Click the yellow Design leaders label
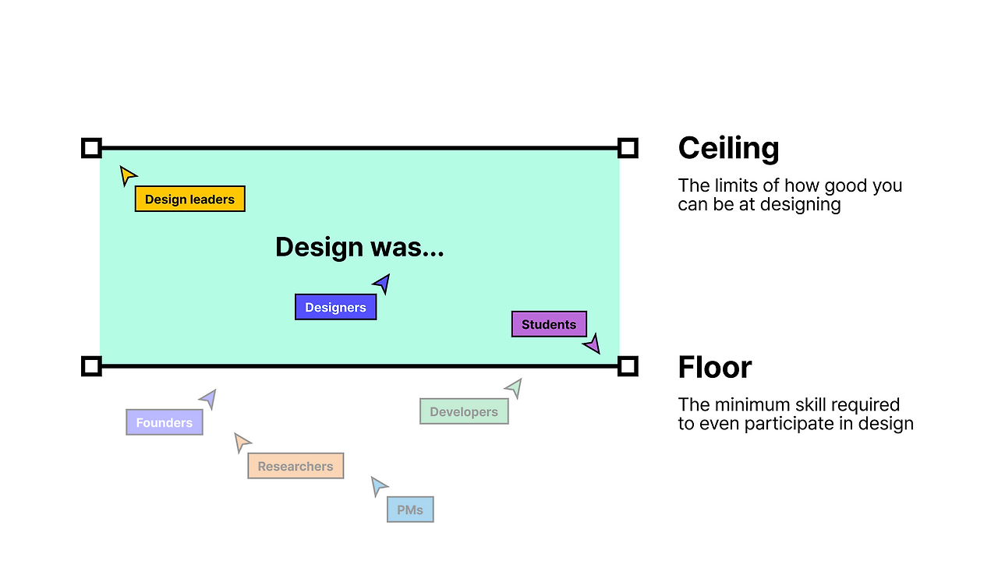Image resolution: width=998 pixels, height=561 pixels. [189, 199]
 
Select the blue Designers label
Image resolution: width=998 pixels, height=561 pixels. [335, 307]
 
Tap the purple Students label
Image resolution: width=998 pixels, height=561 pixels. [549, 324]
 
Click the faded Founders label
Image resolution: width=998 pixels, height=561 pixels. [164, 422]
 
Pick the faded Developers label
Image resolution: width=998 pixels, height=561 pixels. [464, 411]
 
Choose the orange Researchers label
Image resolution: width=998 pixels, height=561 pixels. [295, 466]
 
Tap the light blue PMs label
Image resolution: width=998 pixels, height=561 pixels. [410, 510]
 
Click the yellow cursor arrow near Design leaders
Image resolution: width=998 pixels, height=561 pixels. [127, 175]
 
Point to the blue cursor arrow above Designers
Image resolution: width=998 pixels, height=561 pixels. [382, 283]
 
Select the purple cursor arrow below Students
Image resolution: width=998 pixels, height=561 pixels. [593, 344]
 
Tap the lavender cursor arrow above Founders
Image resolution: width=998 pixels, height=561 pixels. [208, 399]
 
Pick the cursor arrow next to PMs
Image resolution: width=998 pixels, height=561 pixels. [378, 486]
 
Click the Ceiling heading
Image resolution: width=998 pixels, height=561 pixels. [728, 148]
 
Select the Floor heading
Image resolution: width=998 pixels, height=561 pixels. [714, 367]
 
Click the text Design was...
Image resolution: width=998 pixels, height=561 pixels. [359, 247]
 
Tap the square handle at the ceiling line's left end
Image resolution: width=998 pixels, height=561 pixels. [91, 148]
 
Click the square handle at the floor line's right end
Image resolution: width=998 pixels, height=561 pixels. [628, 366]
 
